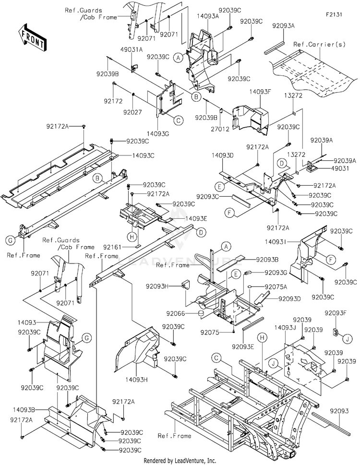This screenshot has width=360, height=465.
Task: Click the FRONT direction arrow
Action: click(31, 37)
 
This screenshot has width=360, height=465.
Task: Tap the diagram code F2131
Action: click(334, 14)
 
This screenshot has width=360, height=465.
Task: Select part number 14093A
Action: click(208, 16)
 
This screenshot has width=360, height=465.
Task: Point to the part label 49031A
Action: click(132, 49)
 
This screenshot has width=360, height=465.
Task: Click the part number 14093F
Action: click(260, 92)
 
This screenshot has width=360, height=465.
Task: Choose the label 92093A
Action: click(284, 26)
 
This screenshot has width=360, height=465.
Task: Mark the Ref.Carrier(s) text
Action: click(320, 45)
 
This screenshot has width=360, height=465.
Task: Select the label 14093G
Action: click(158, 134)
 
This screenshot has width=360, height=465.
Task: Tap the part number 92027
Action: click(132, 112)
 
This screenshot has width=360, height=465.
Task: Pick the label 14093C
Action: click(143, 155)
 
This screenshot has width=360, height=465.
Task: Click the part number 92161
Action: click(112, 247)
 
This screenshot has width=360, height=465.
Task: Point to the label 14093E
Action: click(196, 218)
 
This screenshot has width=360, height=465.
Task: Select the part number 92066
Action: click(176, 313)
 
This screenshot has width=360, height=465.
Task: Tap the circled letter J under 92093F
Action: click(348, 338)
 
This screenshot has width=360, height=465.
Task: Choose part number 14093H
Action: click(136, 379)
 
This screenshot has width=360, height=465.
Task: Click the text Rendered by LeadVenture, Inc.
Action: click(180, 461)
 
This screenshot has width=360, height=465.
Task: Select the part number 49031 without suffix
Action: click(341, 168)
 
